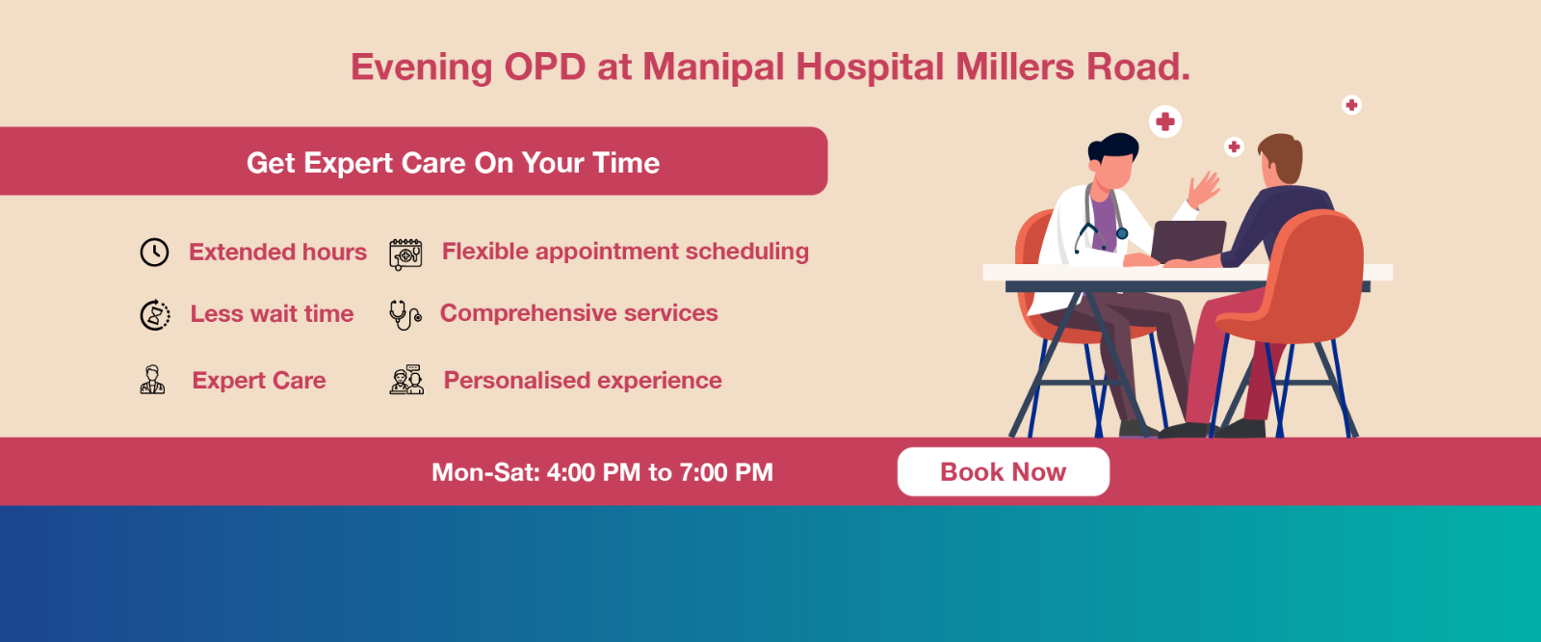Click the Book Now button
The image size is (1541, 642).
click(1003, 471)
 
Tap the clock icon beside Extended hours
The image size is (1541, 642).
click(154, 253)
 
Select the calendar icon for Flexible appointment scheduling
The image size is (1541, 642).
click(405, 254)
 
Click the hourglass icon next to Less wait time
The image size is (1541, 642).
click(155, 315)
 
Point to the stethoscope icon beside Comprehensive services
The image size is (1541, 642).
click(405, 315)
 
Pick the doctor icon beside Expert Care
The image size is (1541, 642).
click(153, 380)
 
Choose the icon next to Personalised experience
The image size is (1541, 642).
click(406, 380)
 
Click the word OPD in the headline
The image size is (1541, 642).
click(545, 67)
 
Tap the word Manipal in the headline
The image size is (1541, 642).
click(714, 67)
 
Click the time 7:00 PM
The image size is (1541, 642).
click(726, 472)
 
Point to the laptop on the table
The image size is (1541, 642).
click(1188, 242)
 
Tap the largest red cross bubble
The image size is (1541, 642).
click(1165, 121)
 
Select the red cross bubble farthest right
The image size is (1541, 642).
click(1351, 105)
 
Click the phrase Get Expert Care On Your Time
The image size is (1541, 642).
click(454, 163)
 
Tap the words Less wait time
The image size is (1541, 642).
click(272, 314)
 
